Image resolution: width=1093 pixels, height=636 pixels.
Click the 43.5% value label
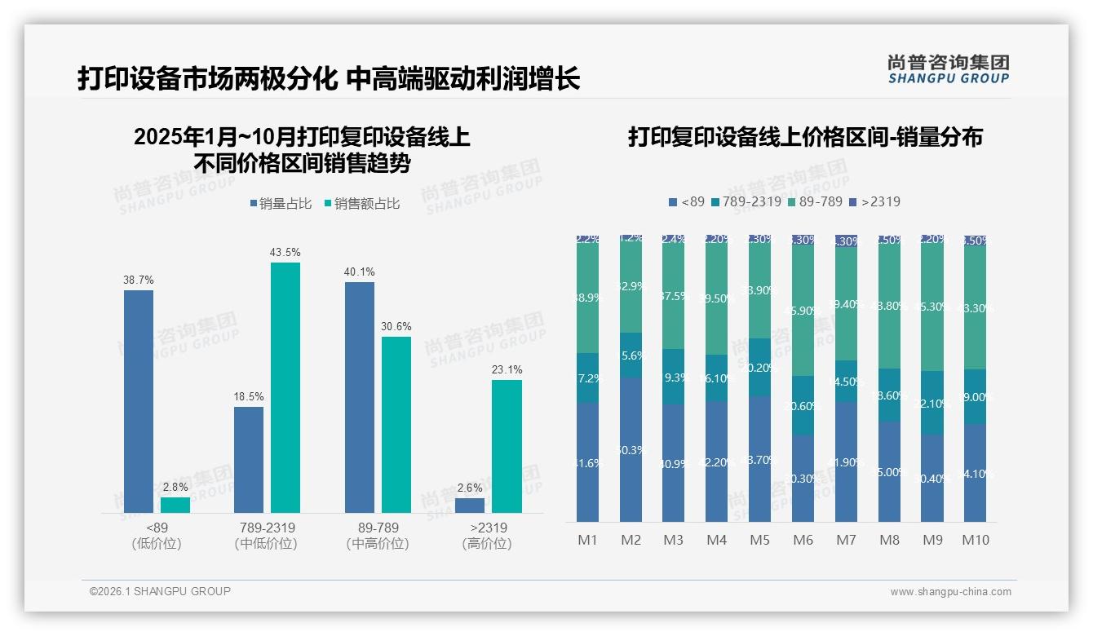pyautogui.click(x=285, y=253)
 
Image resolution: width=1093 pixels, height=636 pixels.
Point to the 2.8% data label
pyautogui.click(x=175, y=488)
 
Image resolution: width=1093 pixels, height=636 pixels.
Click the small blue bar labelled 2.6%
pyautogui.click(x=470, y=506)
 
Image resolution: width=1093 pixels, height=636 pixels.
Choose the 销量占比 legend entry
pyautogui.click(x=281, y=204)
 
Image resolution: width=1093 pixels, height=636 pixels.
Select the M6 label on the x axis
pyautogui.click(x=803, y=540)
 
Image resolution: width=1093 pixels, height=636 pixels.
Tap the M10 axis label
pyautogui.click(x=975, y=540)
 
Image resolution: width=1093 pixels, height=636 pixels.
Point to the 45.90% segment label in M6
pyautogui.click(x=803, y=311)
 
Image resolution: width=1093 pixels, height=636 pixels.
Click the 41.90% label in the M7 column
pyautogui.click(x=846, y=462)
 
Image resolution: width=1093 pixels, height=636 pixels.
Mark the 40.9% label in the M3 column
pyautogui.click(x=673, y=463)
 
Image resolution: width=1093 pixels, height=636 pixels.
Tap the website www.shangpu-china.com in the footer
pyautogui.click(x=950, y=592)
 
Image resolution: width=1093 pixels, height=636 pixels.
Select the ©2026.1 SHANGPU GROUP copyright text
pyautogui.click(x=160, y=591)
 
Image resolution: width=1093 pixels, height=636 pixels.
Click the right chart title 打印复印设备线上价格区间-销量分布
pyautogui.click(x=804, y=137)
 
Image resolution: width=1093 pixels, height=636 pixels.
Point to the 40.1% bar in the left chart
pyautogui.click(x=360, y=397)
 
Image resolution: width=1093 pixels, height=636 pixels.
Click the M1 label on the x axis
pyautogui.click(x=587, y=540)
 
